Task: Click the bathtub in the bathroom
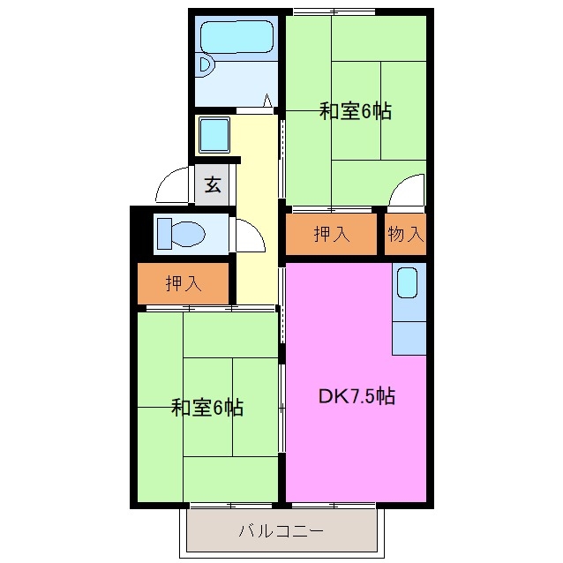click(x=236, y=39)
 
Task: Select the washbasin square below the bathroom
click(x=214, y=135)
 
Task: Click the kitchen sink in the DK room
click(x=408, y=283)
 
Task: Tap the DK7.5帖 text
click(x=356, y=396)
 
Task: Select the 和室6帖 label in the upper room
click(x=355, y=111)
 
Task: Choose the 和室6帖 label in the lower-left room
click(x=206, y=408)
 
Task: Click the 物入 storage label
click(x=406, y=235)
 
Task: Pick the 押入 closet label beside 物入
click(x=333, y=235)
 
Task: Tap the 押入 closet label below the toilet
click(x=184, y=283)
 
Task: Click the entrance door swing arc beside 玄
click(x=169, y=185)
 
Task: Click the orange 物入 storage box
click(x=406, y=235)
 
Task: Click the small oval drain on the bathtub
click(x=206, y=64)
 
